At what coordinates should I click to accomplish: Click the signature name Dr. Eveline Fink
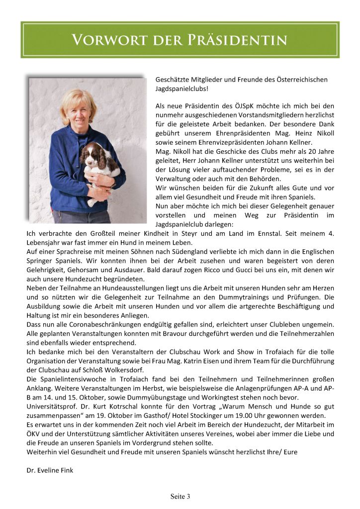pyautogui.click(x=50, y=470)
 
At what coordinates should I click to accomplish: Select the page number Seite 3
pyautogui.click(x=180, y=496)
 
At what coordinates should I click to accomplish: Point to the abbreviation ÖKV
pyautogui.click(x=34, y=434)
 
